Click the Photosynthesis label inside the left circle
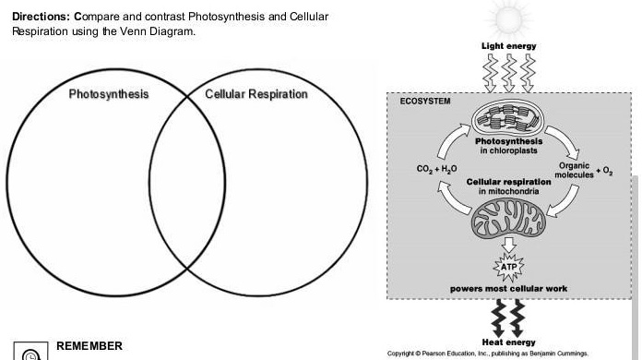pos(108,94)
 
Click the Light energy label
pos(508,46)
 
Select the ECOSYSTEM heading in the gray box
pos(425,101)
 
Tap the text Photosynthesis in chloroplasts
pos(509,146)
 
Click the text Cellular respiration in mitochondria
pos(509,186)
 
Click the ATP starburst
pos(509,267)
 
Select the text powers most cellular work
pos(509,289)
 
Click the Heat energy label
pos(509,342)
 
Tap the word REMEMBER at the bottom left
pos(89,345)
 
